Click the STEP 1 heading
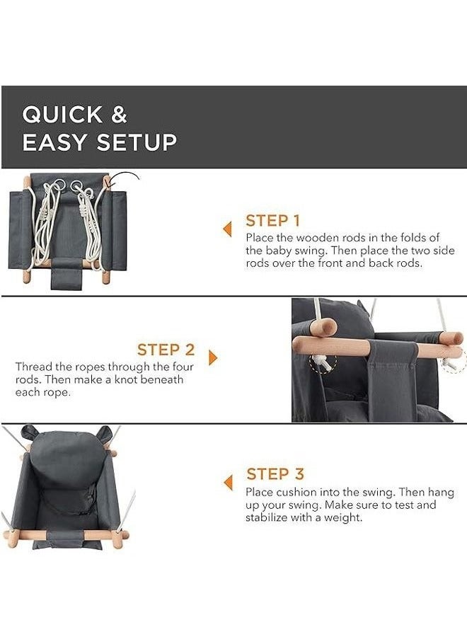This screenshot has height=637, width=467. tap(272, 221)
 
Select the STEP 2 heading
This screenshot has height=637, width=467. tap(166, 350)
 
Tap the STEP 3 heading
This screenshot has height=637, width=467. tap(275, 474)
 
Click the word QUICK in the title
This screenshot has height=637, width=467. tap(62, 115)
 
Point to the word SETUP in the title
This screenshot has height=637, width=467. tap(137, 142)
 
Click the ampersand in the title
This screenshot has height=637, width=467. tap(119, 114)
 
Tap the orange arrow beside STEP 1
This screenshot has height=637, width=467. tap(227, 229)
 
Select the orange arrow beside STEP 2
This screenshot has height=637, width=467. tap(213, 358)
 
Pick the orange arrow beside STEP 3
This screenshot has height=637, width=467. tap(229, 483)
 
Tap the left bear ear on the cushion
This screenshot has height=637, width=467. tap(29, 432)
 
